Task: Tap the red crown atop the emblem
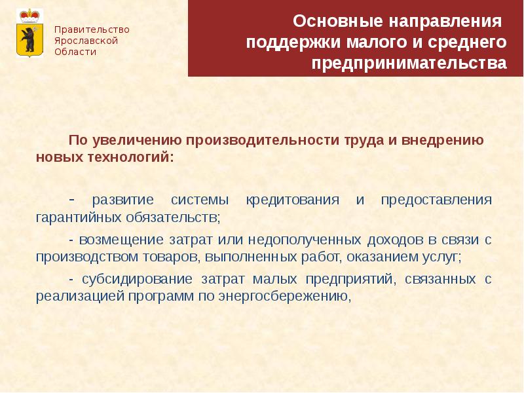[x=29, y=14]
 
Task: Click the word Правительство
[x=92, y=29]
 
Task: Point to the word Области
[x=75, y=52]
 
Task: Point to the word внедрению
[x=442, y=140]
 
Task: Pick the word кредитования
[x=292, y=199]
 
